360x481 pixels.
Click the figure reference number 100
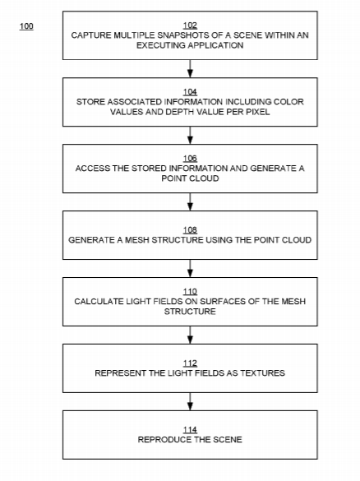tap(26, 26)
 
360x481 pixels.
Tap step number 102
tap(190, 25)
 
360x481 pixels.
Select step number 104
tap(190, 92)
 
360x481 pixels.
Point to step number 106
tap(190, 159)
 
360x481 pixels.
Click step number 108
tap(190, 230)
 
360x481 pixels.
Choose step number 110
tap(190, 291)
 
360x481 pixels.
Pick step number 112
tap(190, 363)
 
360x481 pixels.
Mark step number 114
tap(190, 430)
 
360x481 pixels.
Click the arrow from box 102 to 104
tap(190, 68)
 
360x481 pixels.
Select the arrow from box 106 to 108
tap(190, 201)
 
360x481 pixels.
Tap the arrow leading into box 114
tap(190, 401)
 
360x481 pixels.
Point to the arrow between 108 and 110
tap(190, 268)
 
